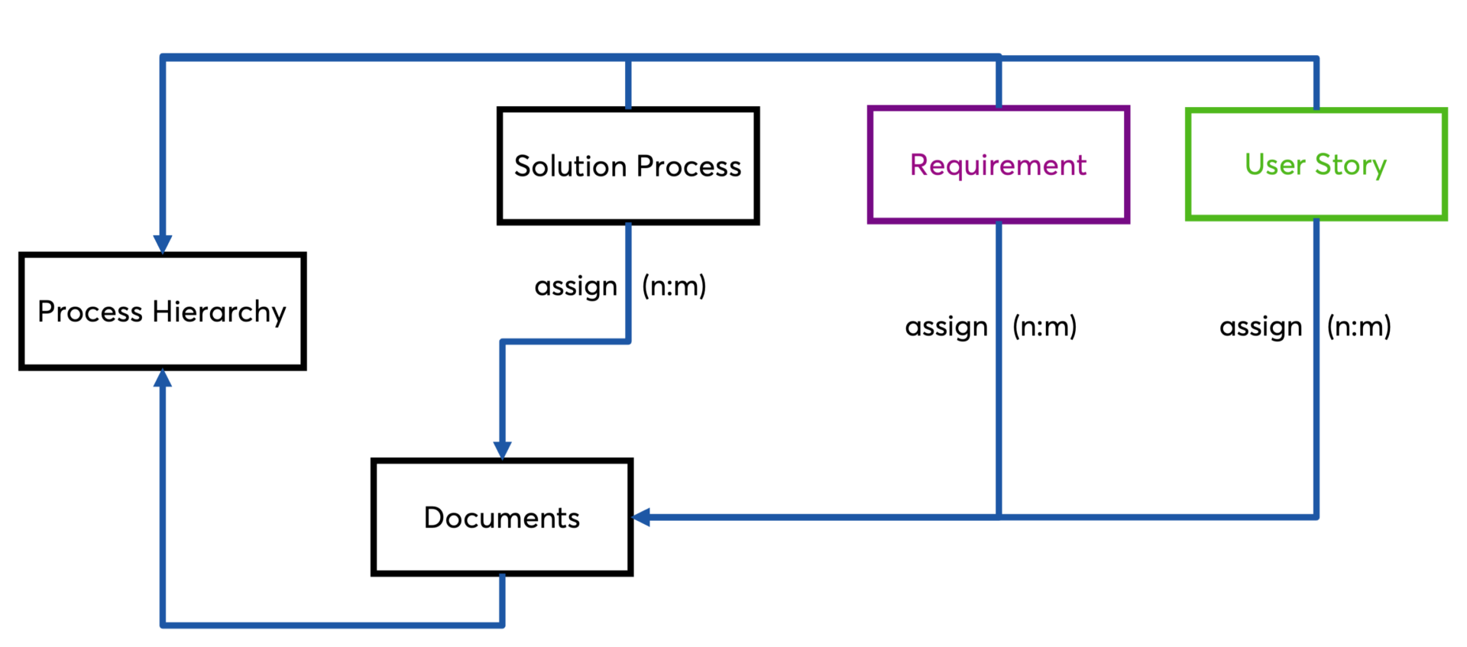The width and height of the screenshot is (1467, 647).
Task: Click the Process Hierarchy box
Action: coord(162,311)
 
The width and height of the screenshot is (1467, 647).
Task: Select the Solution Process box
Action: coord(627,166)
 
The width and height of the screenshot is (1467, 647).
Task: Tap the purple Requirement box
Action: coord(998,164)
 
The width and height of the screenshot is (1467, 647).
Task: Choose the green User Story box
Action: coord(1315,164)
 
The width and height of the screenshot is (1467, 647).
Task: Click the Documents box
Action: coord(501,517)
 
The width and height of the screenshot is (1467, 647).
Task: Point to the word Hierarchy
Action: coord(219,312)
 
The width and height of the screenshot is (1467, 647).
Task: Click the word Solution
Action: coord(570,166)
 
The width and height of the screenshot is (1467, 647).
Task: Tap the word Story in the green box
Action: coord(1350,165)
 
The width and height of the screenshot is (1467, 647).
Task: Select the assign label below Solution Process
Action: coord(575,286)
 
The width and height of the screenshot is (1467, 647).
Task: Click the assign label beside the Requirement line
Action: coord(946,327)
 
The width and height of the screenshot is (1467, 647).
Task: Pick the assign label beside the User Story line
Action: coord(1260,327)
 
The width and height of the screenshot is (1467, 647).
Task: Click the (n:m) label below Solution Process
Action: coord(673,286)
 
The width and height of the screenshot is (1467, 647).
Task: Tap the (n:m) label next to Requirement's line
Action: coord(1044,327)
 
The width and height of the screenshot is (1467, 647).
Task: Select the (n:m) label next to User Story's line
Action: coord(1359,327)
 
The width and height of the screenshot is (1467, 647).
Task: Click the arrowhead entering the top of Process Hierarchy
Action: coord(163,244)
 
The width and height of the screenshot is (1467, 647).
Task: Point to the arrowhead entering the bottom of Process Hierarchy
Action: coord(163,379)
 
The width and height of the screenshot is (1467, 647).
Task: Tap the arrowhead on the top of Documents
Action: coord(502,449)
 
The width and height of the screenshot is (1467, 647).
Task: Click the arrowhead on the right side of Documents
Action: coord(643,517)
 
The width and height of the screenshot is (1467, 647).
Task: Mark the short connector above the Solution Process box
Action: coord(628,82)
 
